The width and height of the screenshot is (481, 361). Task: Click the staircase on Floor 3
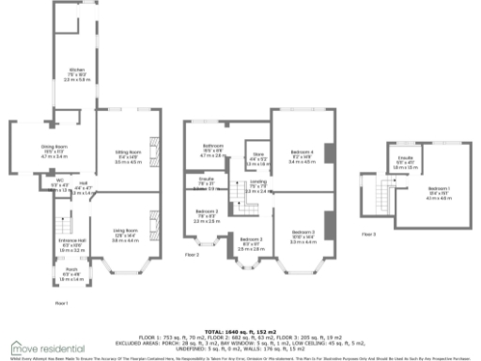coord(380,196)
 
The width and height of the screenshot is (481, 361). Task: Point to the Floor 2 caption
coord(192,254)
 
